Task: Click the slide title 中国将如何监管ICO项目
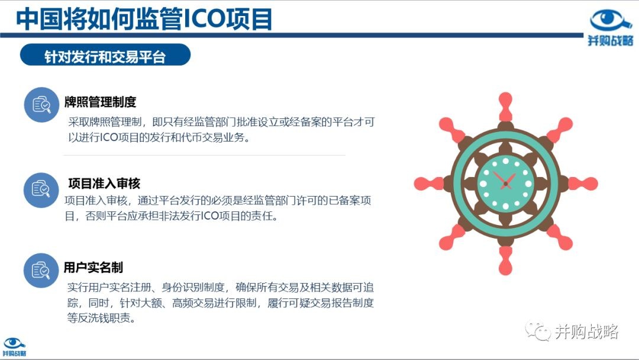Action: [144, 19]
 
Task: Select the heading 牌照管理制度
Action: [100, 102]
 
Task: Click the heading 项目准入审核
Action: [104, 184]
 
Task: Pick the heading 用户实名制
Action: [93, 268]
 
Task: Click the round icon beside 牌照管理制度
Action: [41, 105]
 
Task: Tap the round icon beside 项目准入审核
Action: [41, 190]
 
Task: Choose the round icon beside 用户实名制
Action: [41, 271]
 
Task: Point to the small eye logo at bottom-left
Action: [14, 343]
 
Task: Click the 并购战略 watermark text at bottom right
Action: [586, 332]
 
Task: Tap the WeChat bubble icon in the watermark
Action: [538, 331]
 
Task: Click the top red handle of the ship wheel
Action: [505, 106]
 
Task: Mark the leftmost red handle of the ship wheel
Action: [428, 184]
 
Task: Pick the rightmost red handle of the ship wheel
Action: [583, 184]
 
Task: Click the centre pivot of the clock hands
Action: [506, 184]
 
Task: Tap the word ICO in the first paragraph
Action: [109, 138]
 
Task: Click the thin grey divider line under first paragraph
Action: [205, 155]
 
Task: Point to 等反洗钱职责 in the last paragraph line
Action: [101, 318]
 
